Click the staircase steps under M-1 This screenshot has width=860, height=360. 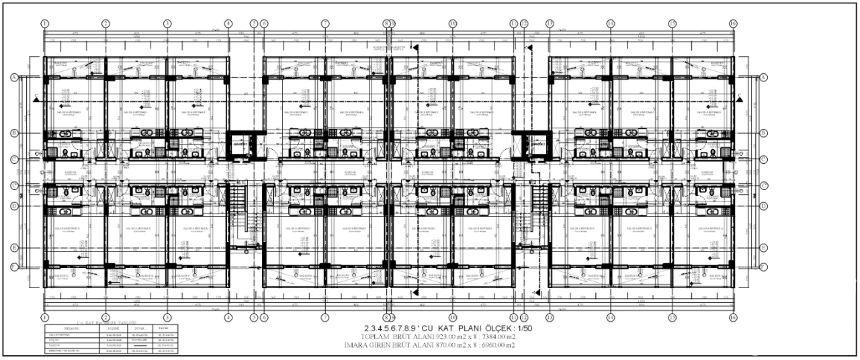[240, 218]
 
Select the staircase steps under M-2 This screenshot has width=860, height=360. [539, 218]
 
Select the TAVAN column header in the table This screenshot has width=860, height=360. [163, 328]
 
